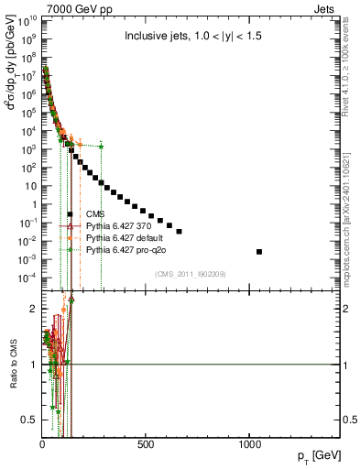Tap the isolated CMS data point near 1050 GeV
259,252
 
